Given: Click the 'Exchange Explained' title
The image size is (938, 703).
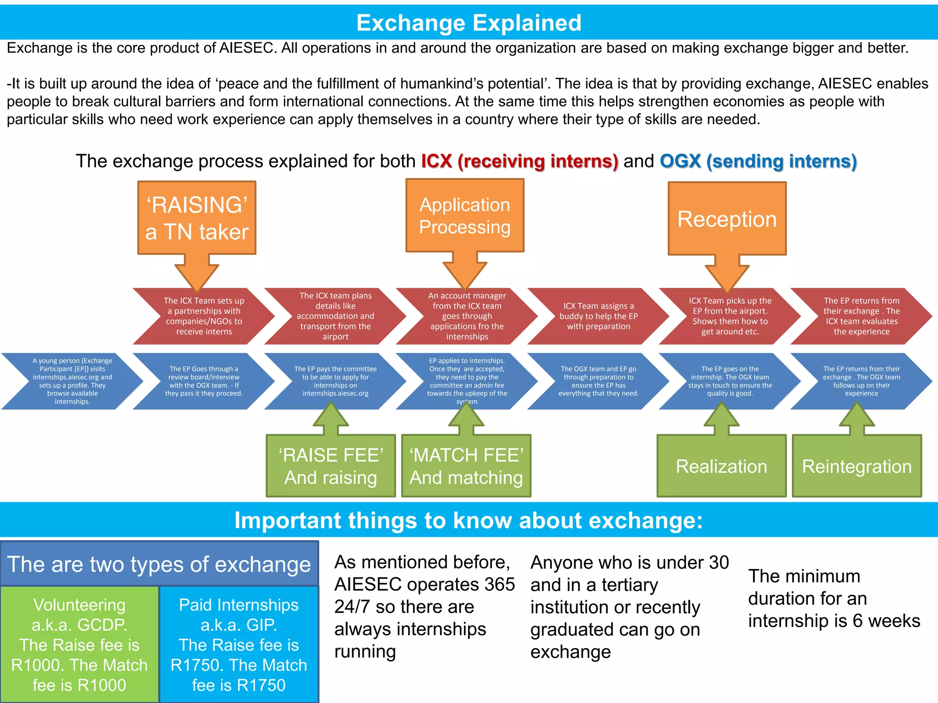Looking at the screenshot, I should tap(469, 23).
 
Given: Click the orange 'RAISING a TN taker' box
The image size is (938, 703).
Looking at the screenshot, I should tap(197, 218).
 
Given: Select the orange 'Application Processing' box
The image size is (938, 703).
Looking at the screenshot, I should tap(464, 216).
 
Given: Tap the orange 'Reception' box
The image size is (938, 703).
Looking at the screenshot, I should tap(727, 219).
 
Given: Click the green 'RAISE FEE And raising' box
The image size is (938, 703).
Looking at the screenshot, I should tap(331, 466).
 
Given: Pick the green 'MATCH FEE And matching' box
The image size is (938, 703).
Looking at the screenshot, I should tap(466, 466).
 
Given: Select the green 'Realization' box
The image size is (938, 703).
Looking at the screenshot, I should tap(721, 466).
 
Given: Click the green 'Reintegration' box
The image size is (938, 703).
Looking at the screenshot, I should tap(856, 466).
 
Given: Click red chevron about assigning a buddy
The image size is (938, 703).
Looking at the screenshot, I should tap(598, 316).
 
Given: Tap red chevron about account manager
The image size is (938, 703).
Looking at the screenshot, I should tap(467, 316).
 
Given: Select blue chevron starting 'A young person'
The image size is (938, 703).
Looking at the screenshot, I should tap(72, 381).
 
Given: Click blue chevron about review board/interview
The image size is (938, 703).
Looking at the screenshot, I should tap(204, 381).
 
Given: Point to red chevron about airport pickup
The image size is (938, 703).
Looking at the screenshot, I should tap(730, 316).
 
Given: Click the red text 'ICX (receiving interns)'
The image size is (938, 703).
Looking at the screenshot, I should tap(519, 162).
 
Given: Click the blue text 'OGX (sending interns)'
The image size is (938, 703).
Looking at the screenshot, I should tap(758, 162).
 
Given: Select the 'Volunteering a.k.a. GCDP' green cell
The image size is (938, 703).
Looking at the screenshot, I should tap(80, 644).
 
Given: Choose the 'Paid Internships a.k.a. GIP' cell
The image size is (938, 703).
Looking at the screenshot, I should tap(239, 644).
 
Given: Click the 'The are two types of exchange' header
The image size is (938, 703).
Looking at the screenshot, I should tap(159, 564).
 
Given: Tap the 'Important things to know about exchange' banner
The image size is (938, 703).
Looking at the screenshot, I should tap(469, 520).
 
